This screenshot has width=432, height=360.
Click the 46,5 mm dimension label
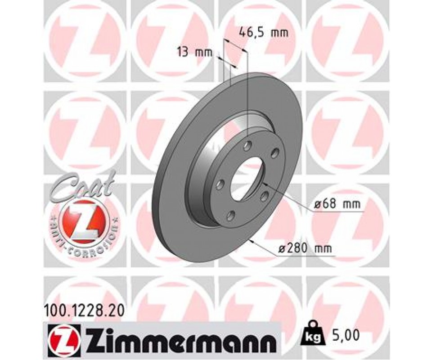point(264,33)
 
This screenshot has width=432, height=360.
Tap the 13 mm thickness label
point(195,52)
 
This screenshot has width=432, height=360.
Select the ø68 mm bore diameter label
point(337,204)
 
